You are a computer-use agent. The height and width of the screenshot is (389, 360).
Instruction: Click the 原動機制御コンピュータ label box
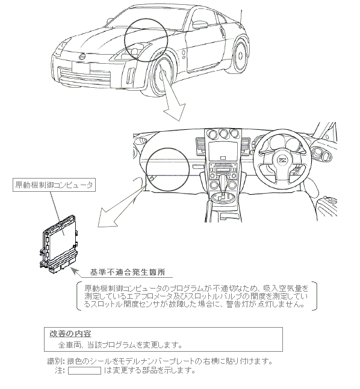coord(54,185)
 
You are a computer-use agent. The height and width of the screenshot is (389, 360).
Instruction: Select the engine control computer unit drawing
coord(58,244)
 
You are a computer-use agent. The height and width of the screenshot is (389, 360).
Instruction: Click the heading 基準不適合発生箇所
coord(128,272)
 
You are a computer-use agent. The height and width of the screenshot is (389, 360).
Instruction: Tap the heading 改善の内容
coord(70,334)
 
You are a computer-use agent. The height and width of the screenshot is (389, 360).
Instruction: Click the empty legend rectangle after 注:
coord(84,370)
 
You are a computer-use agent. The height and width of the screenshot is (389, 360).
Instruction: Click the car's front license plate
coord(81,68)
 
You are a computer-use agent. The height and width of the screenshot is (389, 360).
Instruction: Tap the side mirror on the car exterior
coord(200,24)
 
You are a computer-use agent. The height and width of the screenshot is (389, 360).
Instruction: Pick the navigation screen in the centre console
coord(223,151)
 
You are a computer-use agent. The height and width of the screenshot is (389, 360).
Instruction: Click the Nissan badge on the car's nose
coord(82,57)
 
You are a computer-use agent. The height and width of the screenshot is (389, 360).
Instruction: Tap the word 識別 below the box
coord(54,361)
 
